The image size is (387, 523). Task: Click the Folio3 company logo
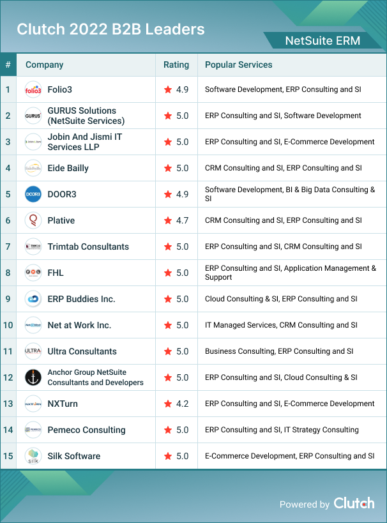point(33,89)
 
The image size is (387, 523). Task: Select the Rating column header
point(176,64)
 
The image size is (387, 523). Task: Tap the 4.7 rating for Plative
point(182,220)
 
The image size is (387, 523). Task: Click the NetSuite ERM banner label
point(322,41)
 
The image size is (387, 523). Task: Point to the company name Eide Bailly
point(68,168)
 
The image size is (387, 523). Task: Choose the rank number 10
point(8,325)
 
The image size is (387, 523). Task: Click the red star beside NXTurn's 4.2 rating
point(168,404)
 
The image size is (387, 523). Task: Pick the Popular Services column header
point(238,64)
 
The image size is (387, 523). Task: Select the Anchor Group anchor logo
point(33,377)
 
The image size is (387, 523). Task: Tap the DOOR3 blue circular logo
point(33,194)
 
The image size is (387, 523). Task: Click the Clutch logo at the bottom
point(354,503)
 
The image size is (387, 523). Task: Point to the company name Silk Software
point(73,456)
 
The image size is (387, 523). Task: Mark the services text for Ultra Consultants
point(279,351)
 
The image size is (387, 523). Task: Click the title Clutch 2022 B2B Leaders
point(110,29)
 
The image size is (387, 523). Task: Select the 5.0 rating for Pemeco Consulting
point(182,430)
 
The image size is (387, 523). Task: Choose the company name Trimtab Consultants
point(88,246)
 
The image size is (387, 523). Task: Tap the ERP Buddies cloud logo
point(33,299)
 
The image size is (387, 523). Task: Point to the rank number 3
point(8,142)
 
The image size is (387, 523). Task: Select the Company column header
point(44,64)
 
